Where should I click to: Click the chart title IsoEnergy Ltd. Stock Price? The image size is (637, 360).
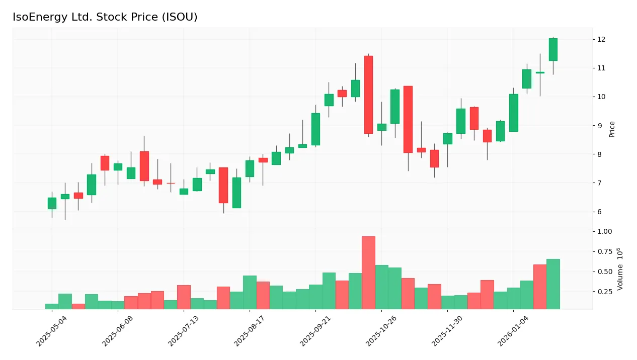[x=105, y=17]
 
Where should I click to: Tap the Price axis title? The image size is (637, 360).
[x=612, y=129]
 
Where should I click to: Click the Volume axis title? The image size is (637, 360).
[x=620, y=269]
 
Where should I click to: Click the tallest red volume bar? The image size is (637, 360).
[x=368, y=273]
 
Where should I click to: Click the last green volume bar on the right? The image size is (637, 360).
[x=553, y=284]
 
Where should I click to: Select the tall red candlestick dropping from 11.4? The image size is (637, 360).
[x=368, y=95]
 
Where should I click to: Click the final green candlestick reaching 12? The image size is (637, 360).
[x=553, y=49]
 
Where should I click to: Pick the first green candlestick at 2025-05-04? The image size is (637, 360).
[x=52, y=203]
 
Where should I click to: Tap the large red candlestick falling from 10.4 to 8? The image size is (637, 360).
[x=408, y=119]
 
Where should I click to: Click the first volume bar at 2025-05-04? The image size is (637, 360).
[x=52, y=306]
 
